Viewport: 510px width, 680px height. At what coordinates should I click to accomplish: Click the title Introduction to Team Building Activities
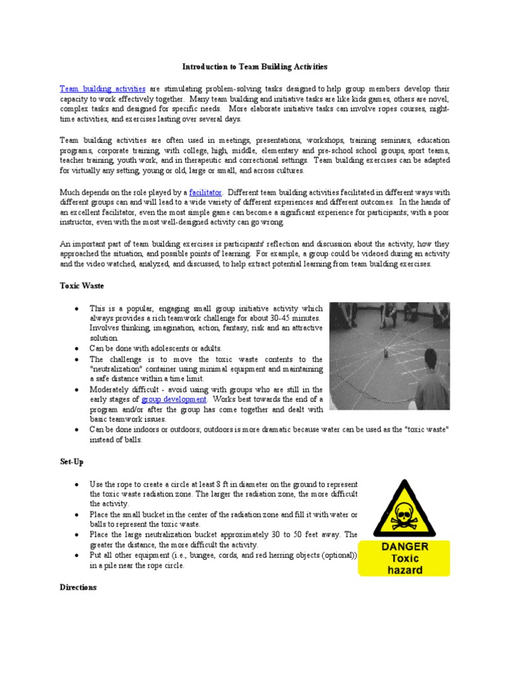tap(255, 67)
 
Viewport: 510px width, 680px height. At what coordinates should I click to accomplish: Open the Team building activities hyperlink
tap(102, 88)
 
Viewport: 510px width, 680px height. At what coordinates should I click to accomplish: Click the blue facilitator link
tap(206, 192)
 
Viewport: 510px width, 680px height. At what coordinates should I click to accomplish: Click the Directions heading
tap(78, 587)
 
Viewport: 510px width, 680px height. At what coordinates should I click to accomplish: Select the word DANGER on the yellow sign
tap(404, 547)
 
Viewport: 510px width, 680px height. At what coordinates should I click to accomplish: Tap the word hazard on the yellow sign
tap(404, 570)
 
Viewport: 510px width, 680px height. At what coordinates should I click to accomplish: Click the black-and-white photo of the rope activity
tap(389, 355)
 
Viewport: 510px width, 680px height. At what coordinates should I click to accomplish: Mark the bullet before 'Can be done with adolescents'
tap(78, 349)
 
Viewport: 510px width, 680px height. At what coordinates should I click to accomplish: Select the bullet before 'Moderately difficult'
tap(78, 390)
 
